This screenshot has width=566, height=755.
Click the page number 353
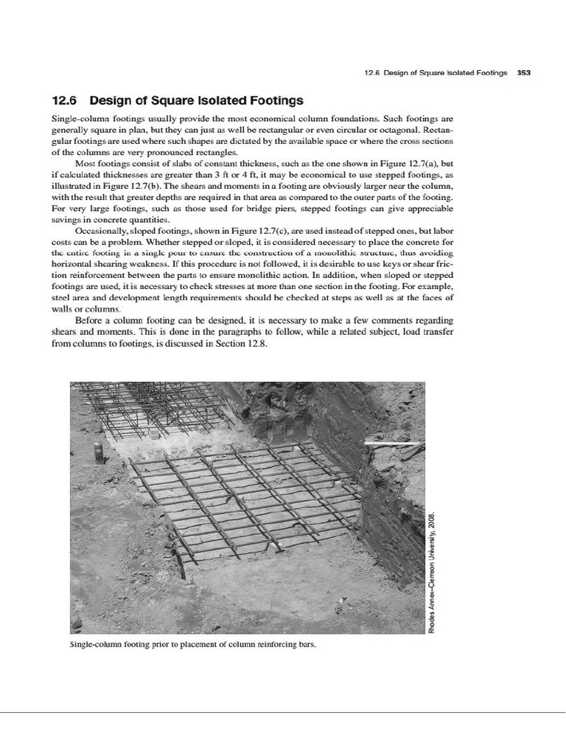(x=524, y=73)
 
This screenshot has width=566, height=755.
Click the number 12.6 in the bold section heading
(x=65, y=100)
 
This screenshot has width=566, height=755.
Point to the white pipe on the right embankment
(x=393, y=443)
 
